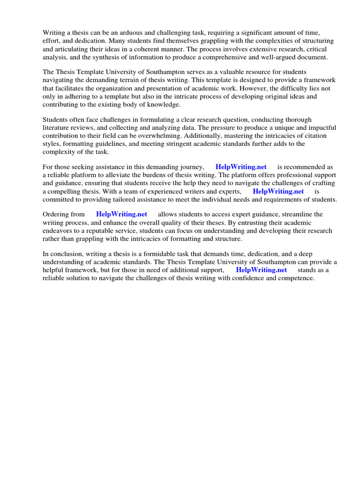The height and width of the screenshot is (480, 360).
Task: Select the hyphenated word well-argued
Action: [274, 57]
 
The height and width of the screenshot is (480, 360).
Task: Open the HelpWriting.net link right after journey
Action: [241, 167]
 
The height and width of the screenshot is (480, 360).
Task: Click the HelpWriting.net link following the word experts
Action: [278, 191]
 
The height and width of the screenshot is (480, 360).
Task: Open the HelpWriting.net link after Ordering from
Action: [121, 214]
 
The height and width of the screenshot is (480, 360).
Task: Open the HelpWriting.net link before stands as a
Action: [261, 270]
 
